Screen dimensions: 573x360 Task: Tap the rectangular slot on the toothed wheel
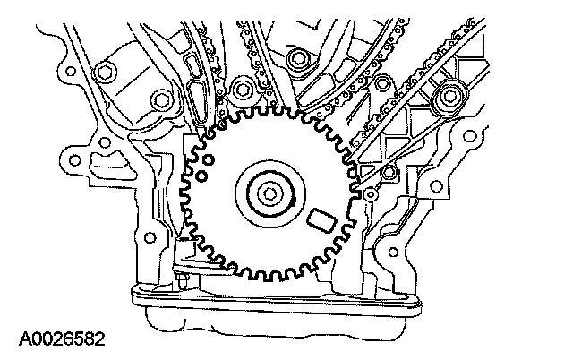tap(319, 219)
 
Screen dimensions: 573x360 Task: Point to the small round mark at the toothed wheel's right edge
tap(369, 193)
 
